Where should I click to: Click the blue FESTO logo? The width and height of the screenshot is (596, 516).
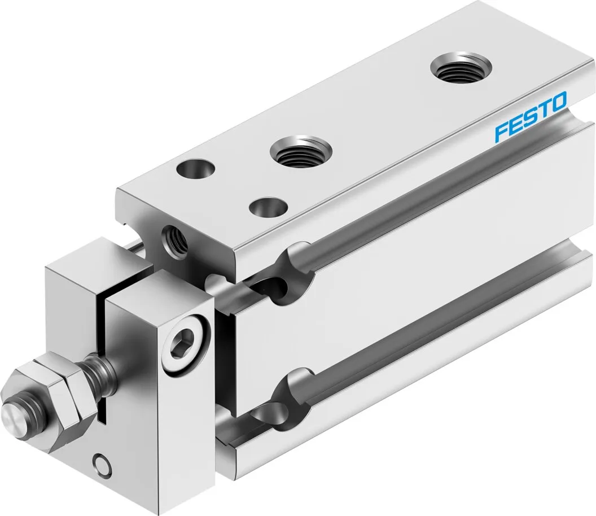pos(531,118)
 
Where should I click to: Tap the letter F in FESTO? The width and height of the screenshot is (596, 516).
pos(501,133)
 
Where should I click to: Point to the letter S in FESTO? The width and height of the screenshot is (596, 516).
pos(529,119)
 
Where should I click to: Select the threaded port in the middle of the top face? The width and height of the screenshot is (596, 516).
pos(300,151)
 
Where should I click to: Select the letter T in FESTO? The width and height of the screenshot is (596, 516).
pos(543,111)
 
